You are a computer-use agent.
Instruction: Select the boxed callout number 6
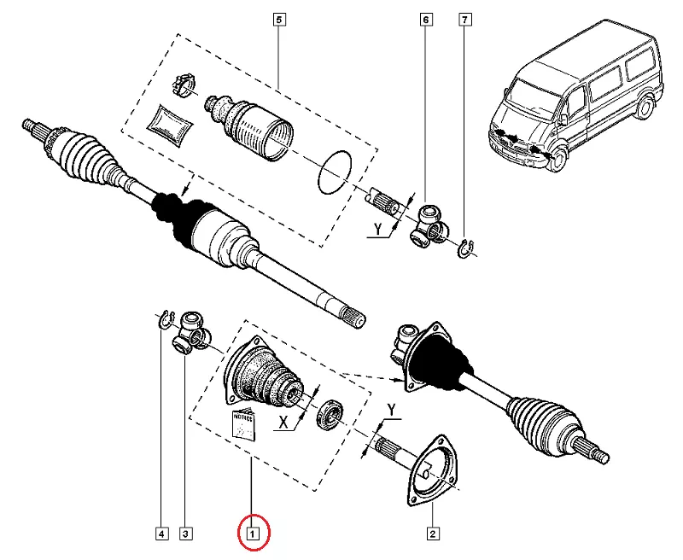(x=424, y=18)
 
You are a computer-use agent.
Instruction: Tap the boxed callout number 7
(x=464, y=18)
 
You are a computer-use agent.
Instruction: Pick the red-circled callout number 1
(x=252, y=534)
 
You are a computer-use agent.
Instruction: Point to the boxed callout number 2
(x=433, y=534)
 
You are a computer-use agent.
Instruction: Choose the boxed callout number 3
(x=185, y=534)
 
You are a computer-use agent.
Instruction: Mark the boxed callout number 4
(x=161, y=534)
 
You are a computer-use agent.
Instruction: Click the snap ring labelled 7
(x=468, y=248)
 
